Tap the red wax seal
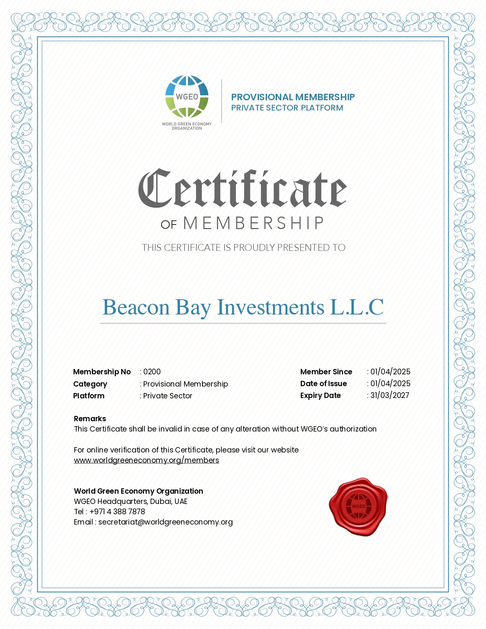tap(358, 506)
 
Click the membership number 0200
tap(152, 372)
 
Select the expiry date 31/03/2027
tap(390, 395)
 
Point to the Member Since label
tap(326, 372)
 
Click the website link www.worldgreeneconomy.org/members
tap(146, 460)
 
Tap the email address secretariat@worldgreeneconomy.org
tap(165, 522)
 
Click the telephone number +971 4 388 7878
tap(117, 512)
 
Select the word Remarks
tap(90, 419)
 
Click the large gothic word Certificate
tap(242, 189)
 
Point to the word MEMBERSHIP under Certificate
tap(253, 223)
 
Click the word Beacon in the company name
tap(136, 307)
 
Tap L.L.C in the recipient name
tap(357, 307)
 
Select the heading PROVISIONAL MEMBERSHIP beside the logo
tap(293, 97)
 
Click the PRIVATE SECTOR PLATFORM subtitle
tap(287, 108)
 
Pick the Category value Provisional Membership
tap(186, 384)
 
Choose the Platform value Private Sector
tap(168, 396)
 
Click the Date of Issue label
tap(323, 383)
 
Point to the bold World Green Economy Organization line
tap(138, 491)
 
